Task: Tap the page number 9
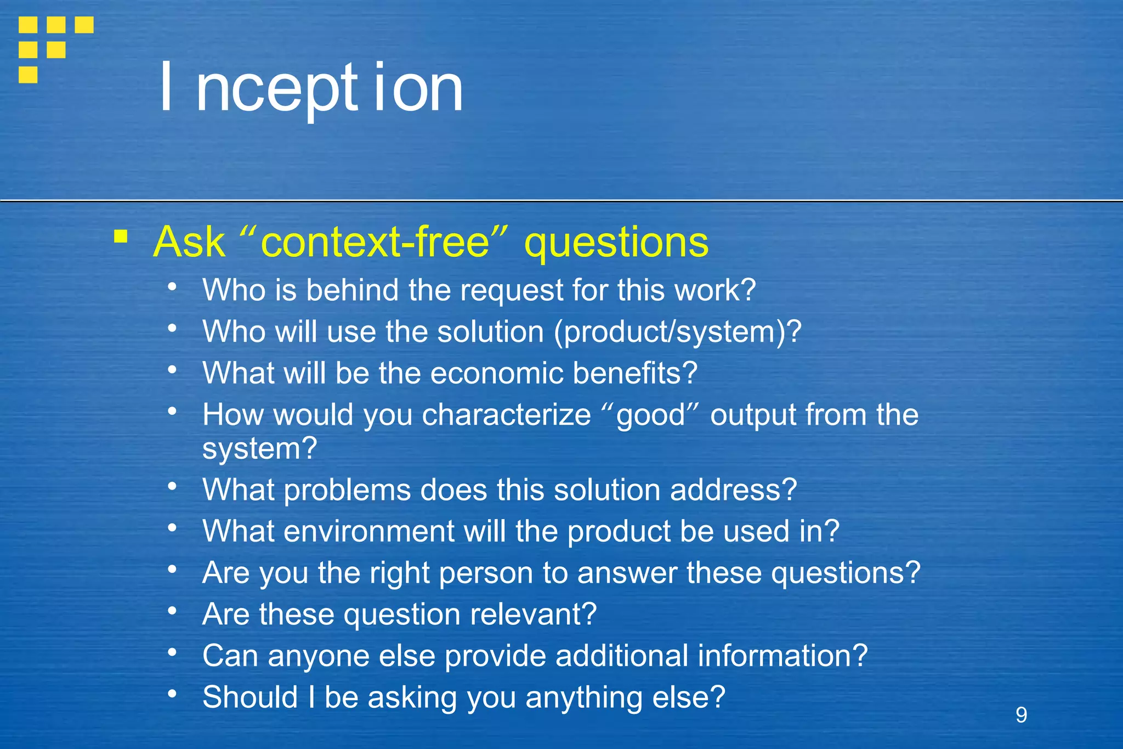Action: [1021, 714]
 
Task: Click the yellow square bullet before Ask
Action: [121, 237]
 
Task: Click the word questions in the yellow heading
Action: [616, 243]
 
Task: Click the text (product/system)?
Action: [677, 332]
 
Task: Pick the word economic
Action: [497, 373]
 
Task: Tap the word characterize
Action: [506, 415]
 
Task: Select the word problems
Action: [347, 489]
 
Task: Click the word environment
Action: [368, 531]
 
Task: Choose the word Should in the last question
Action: [250, 697]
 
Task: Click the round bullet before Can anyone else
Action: [172, 652]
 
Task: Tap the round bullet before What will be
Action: [172, 369]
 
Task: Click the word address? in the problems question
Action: [733, 489]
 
